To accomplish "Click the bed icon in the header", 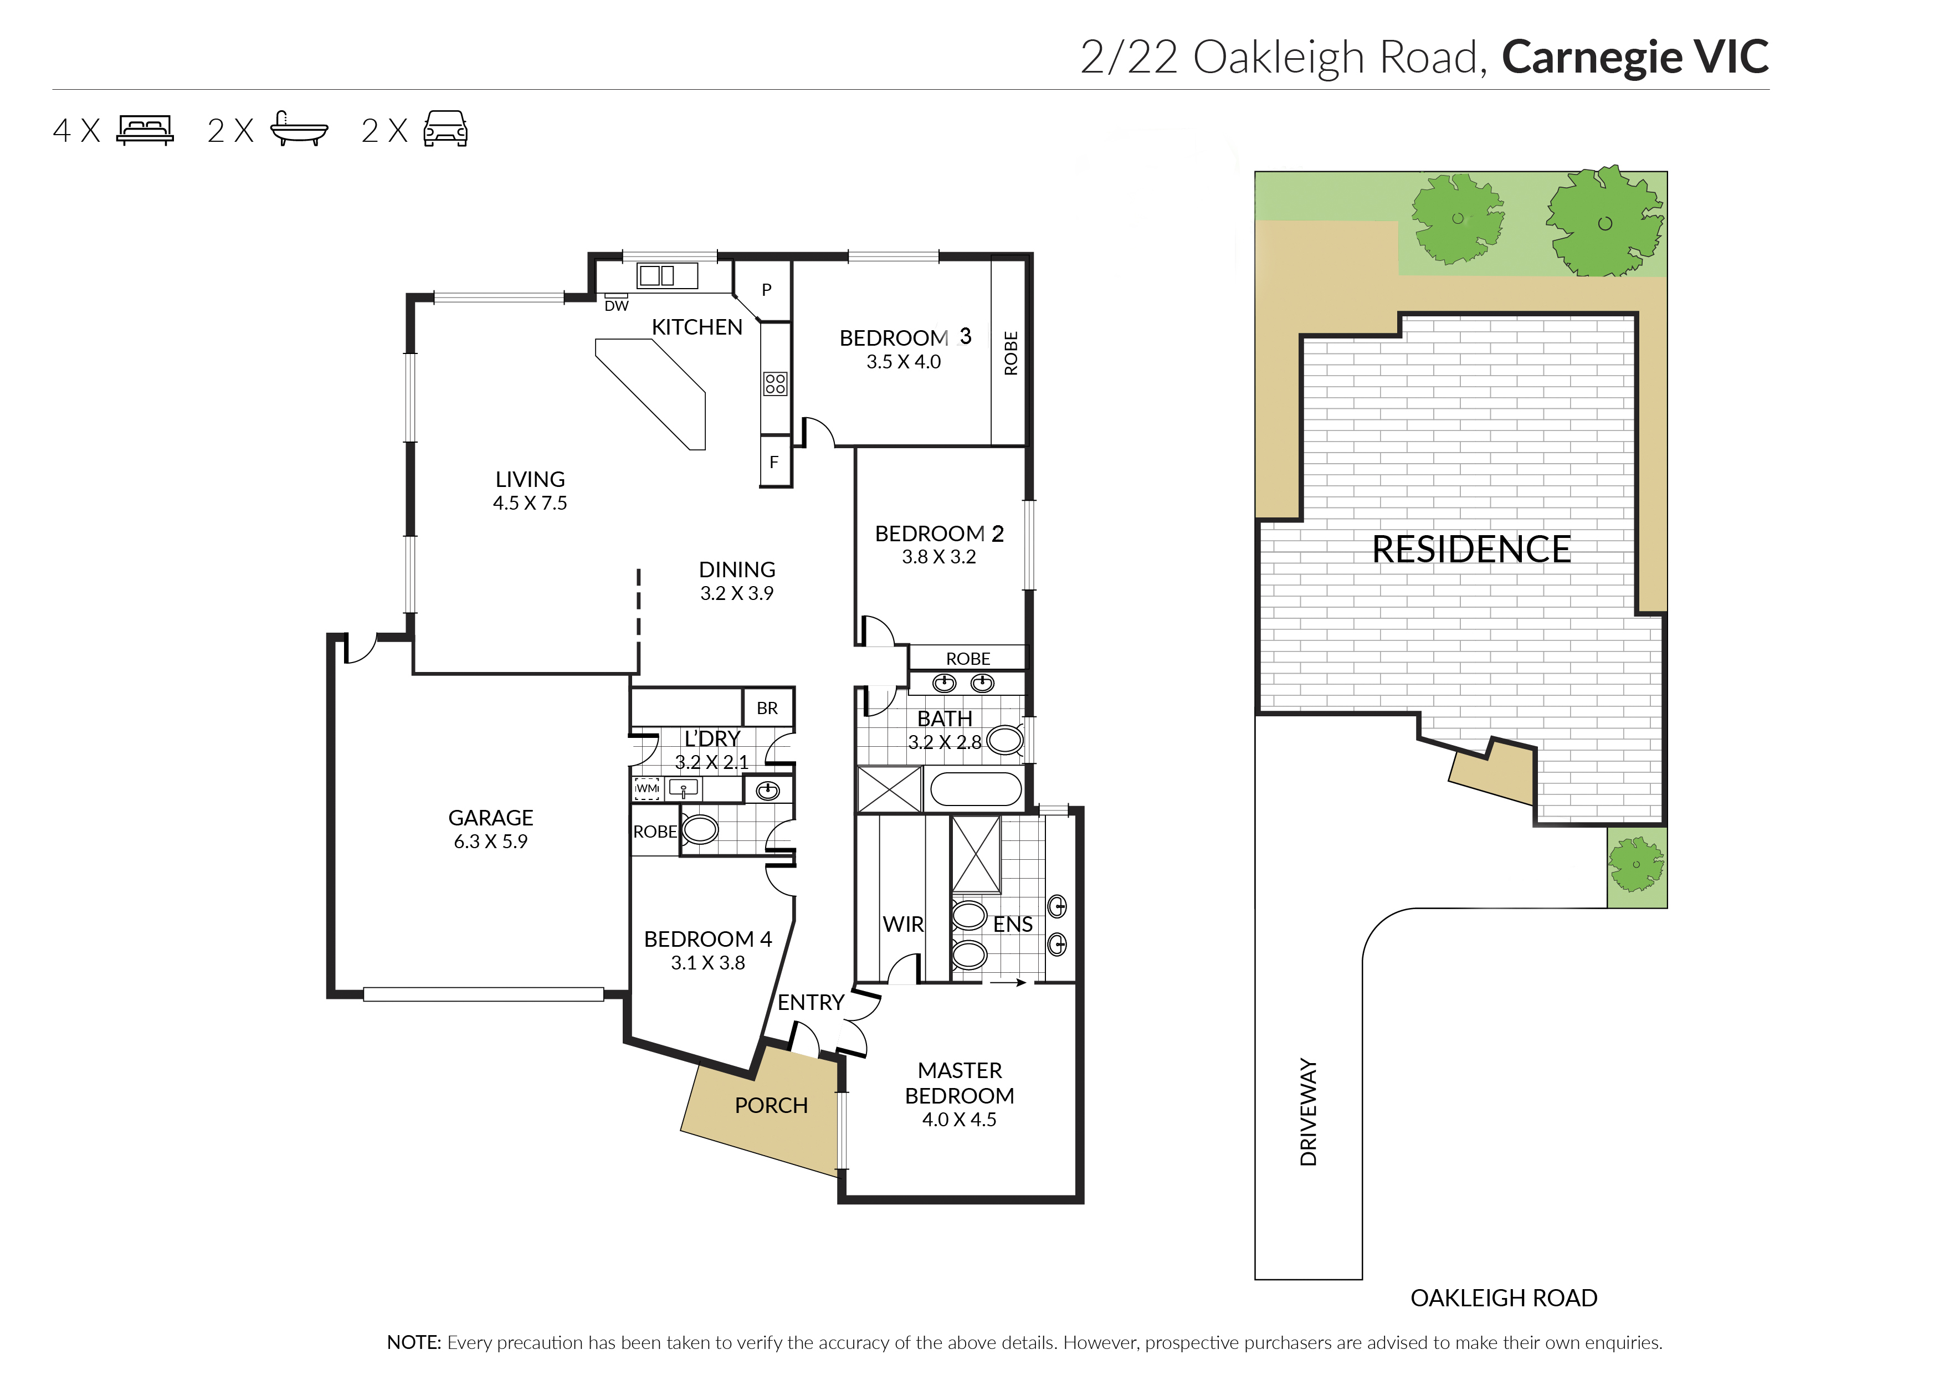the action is coord(145,130).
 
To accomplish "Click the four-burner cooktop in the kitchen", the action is coord(774,383).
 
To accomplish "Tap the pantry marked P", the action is coord(766,290).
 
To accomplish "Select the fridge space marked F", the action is coord(774,462).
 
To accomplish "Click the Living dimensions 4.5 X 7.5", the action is coord(530,503).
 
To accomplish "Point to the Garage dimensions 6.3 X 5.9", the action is coord(490,842).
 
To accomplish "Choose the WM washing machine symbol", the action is coord(647,789).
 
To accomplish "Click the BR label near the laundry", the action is coord(767,708).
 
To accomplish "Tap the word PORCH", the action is coord(771,1106).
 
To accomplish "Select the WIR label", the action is coord(902,925).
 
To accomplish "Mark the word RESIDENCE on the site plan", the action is coord(1471,550).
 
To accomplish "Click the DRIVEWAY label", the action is coord(1308,1112).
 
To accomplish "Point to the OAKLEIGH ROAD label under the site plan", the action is coord(1504,1298).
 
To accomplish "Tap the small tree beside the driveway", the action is coord(1636,864).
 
